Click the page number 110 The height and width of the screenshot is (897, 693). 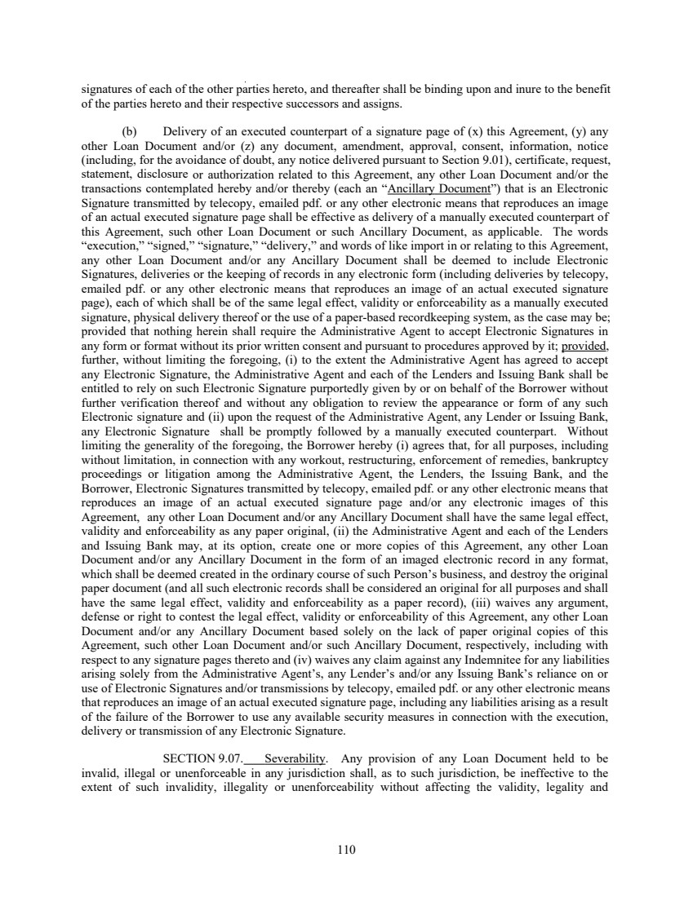(x=346, y=850)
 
